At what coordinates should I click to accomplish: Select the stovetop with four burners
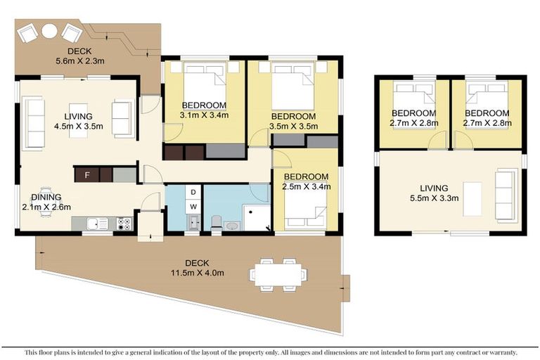pyautogui.click(x=124, y=224)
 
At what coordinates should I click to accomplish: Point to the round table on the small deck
pyautogui.click(x=49, y=32)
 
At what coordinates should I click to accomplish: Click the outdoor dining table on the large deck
pyautogui.click(x=278, y=273)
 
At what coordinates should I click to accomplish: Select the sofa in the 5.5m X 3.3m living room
pyautogui.click(x=504, y=193)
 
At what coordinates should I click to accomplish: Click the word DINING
pyautogui.click(x=44, y=198)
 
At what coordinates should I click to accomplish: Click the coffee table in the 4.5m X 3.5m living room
pyautogui.click(x=78, y=120)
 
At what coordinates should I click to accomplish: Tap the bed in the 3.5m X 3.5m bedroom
pyautogui.click(x=292, y=85)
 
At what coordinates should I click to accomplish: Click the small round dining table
pyautogui.click(x=46, y=201)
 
